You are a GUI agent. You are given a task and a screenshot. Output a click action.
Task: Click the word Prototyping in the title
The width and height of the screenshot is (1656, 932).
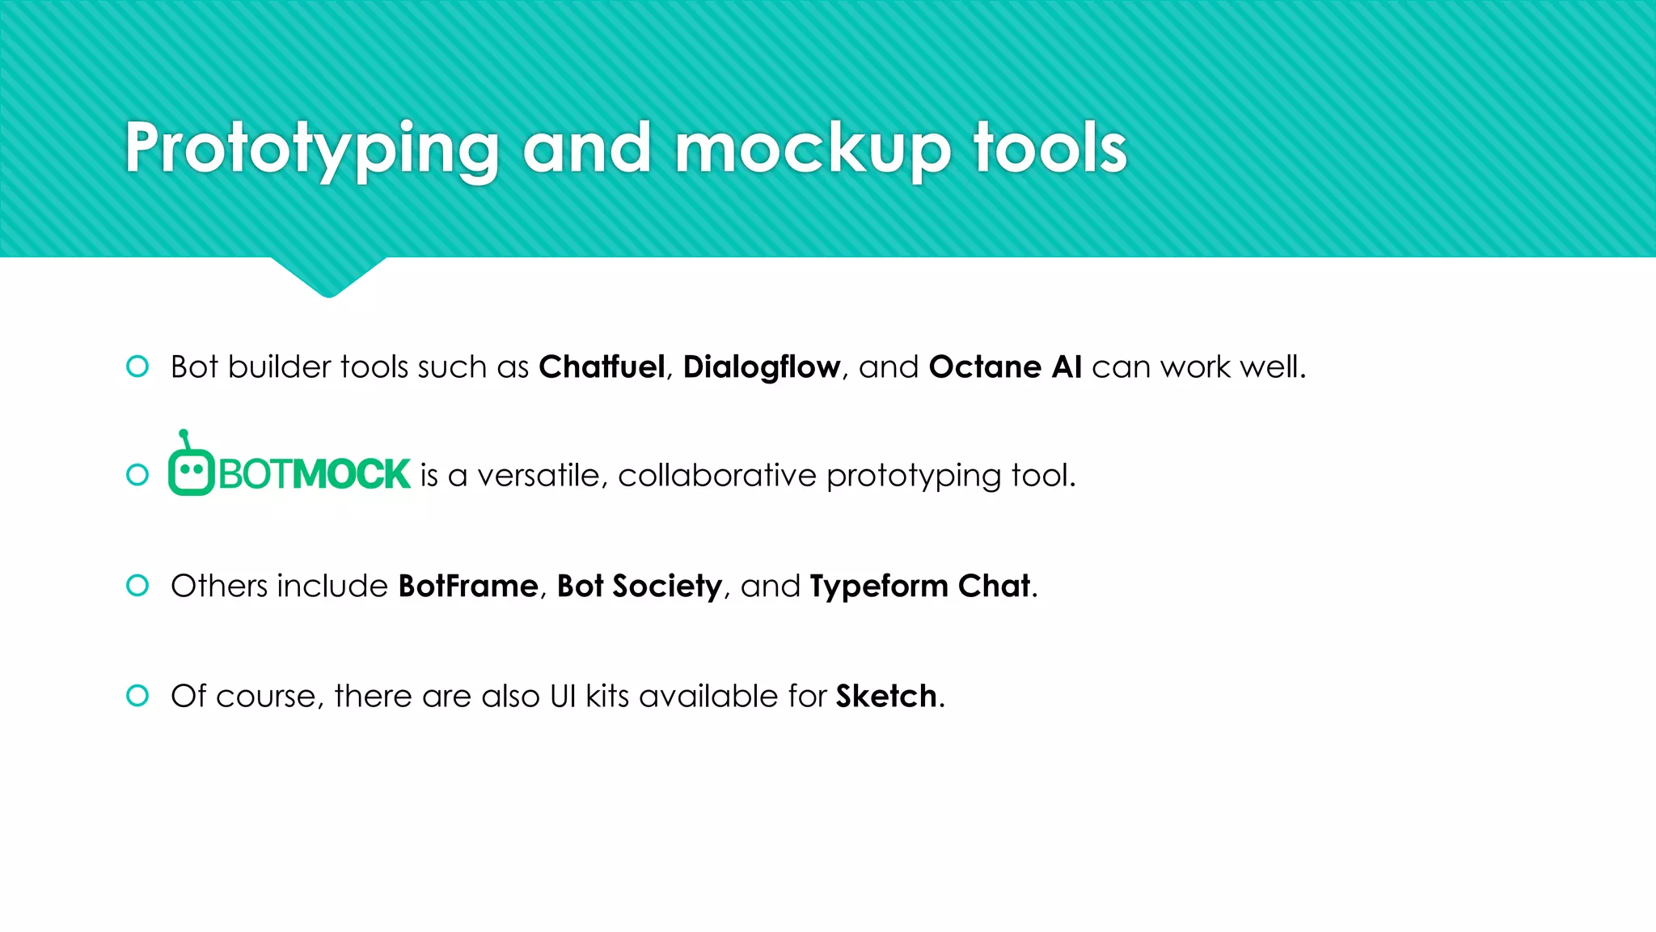point(311,150)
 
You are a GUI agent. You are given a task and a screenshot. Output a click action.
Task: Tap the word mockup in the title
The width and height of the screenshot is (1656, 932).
point(812,150)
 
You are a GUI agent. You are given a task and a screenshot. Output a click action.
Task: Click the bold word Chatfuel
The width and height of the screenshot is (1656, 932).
point(602,367)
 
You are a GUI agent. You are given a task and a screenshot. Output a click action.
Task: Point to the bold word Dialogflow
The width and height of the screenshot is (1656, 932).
point(761,367)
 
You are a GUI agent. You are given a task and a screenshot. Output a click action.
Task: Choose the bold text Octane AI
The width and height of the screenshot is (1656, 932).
point(1005,367)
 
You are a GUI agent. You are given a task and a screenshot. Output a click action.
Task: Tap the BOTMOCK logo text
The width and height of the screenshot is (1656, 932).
point(315,474)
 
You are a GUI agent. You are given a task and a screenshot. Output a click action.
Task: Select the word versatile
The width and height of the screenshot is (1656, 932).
point(539,476)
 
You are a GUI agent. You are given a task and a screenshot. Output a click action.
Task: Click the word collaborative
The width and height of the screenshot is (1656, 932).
point(717,476)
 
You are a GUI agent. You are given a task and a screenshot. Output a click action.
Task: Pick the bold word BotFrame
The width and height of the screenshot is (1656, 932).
point(468,586)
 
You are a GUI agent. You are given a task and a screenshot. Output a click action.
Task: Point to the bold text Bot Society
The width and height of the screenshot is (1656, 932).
point(639,586)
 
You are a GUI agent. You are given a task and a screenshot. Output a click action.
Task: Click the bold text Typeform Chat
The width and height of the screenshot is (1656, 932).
point(920,586)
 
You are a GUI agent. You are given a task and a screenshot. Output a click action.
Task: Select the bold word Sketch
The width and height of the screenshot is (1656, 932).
point(886,696)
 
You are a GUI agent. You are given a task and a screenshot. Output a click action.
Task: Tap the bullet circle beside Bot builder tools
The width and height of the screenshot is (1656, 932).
point(137,366)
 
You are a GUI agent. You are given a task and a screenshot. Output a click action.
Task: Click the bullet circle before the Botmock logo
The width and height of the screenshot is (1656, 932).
point(137,475)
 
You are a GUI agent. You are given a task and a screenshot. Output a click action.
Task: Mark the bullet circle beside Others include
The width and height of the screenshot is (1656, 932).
point(137,585)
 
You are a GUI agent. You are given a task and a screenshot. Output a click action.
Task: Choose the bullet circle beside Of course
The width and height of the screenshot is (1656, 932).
point(137,695)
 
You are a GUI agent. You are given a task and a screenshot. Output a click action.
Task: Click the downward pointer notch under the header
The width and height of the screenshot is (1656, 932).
point(328,278)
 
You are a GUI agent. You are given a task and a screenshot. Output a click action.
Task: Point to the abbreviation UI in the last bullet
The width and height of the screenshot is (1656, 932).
point(563,696)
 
